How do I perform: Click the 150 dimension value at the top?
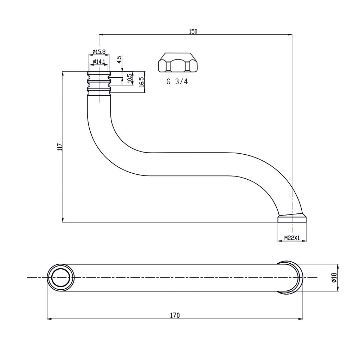tap(193, 31)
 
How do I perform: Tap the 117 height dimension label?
tap(59, 147)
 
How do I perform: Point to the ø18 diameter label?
tap(334, 277)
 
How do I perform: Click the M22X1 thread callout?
tap(292, 238)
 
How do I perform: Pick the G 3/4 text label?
tap(177, 82)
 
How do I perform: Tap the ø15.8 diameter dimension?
tap(99, 52)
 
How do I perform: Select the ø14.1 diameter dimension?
tap(99, 62)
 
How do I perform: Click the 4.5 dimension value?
tap(119, 59)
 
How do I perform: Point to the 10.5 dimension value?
tap(130, 78)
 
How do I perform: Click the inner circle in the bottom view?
tap(61, 277)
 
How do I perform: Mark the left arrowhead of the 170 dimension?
tap(48, 319)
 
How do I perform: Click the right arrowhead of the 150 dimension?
tap(291, 34)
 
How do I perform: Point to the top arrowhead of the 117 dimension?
tap(63, 73)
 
